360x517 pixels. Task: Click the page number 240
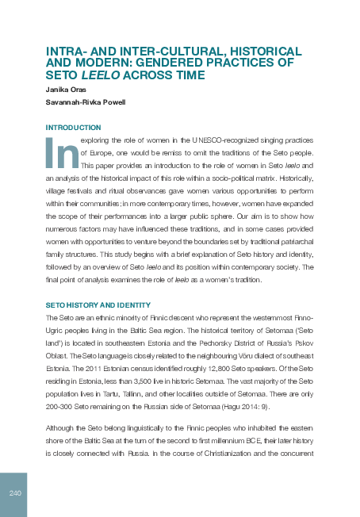(x=14, y=494)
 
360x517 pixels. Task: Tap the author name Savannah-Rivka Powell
(x=85, y=103)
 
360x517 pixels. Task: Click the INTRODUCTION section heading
(x=73, y=127)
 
